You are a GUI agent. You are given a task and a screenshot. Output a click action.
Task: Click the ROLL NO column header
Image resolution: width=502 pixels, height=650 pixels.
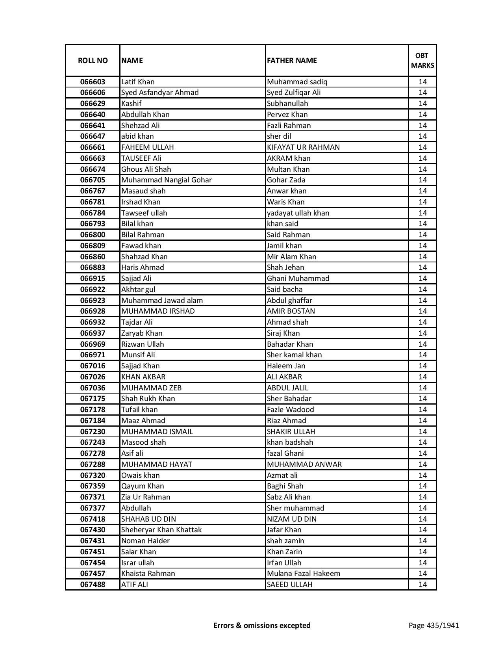93,60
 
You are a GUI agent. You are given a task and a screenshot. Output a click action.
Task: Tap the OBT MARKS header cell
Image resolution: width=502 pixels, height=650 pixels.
422,60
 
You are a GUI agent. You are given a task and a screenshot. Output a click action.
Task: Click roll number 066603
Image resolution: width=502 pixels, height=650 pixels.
93,82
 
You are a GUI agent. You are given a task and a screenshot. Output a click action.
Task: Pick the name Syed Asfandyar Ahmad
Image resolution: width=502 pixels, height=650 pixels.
160,93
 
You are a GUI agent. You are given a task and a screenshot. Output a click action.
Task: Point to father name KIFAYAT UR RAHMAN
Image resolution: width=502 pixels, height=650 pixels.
303,147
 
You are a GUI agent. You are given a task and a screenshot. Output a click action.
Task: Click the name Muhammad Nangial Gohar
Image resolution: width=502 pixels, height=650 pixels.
166,180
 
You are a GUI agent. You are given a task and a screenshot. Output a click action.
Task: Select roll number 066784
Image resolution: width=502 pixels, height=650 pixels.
93,213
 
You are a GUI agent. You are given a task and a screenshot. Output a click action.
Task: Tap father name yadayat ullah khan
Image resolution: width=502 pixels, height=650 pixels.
298,213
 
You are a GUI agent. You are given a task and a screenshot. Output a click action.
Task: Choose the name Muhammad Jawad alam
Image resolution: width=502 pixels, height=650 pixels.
162,300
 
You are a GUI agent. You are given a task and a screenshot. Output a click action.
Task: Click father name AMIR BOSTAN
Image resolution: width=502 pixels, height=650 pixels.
291,311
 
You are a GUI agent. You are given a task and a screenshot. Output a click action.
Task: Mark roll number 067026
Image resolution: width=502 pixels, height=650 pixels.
93,377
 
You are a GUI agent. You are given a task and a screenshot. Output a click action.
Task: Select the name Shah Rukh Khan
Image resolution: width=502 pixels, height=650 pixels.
148,399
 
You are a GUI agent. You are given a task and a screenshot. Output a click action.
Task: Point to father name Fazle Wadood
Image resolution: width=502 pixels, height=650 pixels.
290,410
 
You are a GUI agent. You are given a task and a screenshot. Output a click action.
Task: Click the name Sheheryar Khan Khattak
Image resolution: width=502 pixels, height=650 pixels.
161,530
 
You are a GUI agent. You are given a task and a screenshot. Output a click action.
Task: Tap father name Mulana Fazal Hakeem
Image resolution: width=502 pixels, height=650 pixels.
303,574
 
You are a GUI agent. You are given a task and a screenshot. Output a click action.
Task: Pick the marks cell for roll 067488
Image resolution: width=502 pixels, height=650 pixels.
422,585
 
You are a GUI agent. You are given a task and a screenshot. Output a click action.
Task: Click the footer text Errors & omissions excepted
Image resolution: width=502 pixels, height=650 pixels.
262,625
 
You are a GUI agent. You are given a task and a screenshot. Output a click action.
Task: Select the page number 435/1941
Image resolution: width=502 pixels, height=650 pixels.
434,625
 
